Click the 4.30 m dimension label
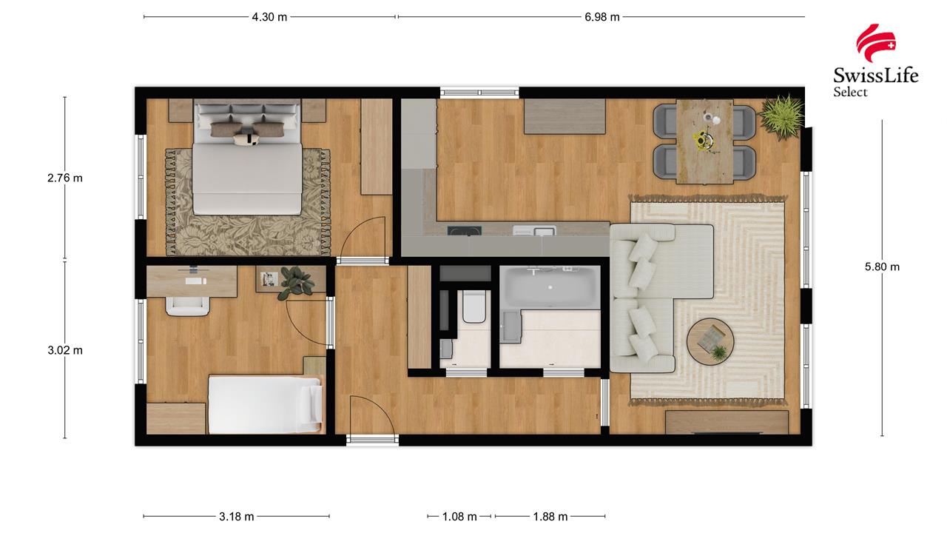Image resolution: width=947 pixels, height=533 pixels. click(269, 17)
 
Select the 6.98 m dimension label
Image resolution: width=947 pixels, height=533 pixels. click(602, 17)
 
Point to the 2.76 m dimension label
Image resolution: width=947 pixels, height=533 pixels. click(64, 178)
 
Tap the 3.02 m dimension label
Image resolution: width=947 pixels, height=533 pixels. click(64, 350)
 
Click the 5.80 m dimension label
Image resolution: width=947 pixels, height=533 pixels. click(882, 267)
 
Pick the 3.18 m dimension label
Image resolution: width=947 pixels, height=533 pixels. click(236, 517)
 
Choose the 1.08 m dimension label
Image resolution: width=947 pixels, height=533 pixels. click(459, 517)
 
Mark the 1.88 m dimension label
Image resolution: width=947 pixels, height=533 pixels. click(550, 517)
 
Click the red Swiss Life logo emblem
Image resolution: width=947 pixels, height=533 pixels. click(875, 43)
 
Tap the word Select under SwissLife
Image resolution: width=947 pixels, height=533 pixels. click(850, 92)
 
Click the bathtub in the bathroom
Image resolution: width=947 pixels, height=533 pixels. click(550, 288)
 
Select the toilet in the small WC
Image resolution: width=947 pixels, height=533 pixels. click(474, 306)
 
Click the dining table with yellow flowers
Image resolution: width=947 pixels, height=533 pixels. click(704, 141)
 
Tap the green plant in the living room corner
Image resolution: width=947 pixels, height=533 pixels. click(781, 116)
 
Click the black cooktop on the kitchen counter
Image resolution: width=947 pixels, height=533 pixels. click(465, 230)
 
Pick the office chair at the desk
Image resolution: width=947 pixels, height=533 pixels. click(188, 306)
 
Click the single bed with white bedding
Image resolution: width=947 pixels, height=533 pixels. click(266, 405)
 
